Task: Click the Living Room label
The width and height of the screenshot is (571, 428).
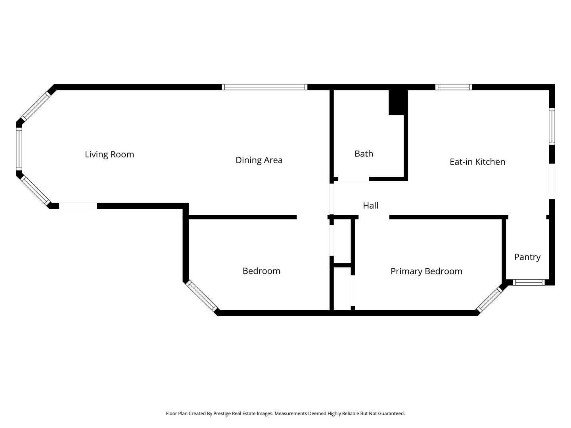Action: click(x=109, y=155)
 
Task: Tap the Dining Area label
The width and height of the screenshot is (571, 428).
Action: click(x=259, y=160)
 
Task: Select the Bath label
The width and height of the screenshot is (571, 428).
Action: click(x=364, y=154)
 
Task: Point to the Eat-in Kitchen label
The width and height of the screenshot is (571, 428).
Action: click(x=477, y=162)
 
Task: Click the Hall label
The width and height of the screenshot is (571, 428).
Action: click(x=370, y=206)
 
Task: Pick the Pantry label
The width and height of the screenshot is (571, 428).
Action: click(x=527, y=257)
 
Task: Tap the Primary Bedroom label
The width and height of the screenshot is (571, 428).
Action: click(x=426, y=271)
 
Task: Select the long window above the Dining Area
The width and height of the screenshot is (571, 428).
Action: click(x=264, y=87)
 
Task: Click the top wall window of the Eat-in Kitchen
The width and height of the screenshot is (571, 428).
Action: click(x=453, y=87)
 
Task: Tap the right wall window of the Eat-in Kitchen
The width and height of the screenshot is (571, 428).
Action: click(x=552, y=126)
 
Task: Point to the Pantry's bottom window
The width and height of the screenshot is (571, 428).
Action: click(x=529, y=283)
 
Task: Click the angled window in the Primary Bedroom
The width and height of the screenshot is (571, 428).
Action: click(x=489, y=300)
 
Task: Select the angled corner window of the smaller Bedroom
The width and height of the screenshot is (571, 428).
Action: click(x=202, y=296)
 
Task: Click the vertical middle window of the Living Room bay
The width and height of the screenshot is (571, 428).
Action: click(x=19, y=149)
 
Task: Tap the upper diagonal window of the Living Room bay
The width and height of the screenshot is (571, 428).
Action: click(x=36, y=106)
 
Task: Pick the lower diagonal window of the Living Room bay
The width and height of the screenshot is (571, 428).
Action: click(x=35, y=191)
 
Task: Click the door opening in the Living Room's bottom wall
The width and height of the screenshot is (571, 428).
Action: click(x=78, y=206)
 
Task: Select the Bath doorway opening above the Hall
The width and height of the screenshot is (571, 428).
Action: click(x=354, y=179)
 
